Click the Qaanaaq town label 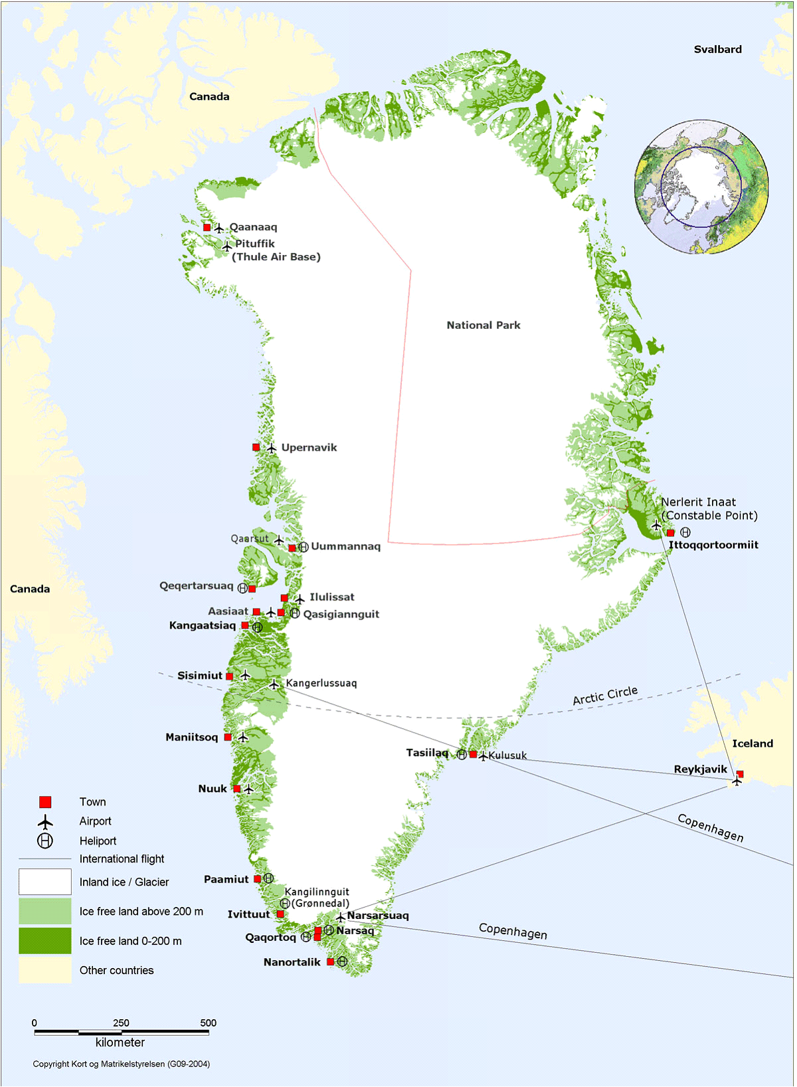253,227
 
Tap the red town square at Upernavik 256,447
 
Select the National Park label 483,325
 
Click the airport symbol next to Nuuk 248,789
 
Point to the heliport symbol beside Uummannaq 303,547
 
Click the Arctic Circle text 605,696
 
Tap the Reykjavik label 700,769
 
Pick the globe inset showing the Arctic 701,187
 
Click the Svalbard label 717,49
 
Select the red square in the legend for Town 45,802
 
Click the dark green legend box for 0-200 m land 45,941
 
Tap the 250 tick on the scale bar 121,1023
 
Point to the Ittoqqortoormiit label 713,545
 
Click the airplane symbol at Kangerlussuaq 274,684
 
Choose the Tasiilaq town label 427,753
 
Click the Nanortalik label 292,962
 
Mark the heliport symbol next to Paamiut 269,878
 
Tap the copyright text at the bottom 122,1064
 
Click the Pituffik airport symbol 226,247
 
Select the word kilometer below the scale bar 120,1042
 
